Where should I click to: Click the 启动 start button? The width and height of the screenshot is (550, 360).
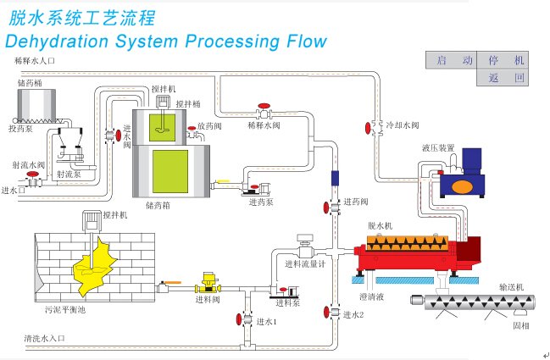(x=451, y=60)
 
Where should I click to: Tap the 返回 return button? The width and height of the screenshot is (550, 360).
(x=503, y=77)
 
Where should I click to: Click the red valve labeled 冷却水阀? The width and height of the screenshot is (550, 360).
(x=368, y=128)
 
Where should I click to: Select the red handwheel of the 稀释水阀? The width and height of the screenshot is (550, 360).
(x=264, y=106)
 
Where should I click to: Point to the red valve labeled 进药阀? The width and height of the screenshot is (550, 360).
(x=326, y=208)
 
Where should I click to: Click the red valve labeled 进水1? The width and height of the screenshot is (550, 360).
(x=239, y=319)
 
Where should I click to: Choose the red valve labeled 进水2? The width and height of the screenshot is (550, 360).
(x=326, y=312)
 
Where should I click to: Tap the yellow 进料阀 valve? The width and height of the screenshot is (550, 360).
(x=208, y=283)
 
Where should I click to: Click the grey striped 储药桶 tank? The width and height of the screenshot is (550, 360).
(x=36, y=104)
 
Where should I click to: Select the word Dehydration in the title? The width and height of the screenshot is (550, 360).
(x=57, y=42)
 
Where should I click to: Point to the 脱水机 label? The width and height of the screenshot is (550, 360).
(x=380, y=226)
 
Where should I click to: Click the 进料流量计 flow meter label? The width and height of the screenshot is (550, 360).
(x=305, y=264)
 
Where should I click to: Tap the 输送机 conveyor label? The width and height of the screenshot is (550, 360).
(x=511, y=287)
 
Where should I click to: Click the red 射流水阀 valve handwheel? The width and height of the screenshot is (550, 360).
(x=32, y=174)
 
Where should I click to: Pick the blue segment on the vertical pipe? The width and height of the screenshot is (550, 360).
(x=335, y=178)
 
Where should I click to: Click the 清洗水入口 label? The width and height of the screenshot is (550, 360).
(x=45, y=338)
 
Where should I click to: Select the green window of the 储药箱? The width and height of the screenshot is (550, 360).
(x=170, y=171)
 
